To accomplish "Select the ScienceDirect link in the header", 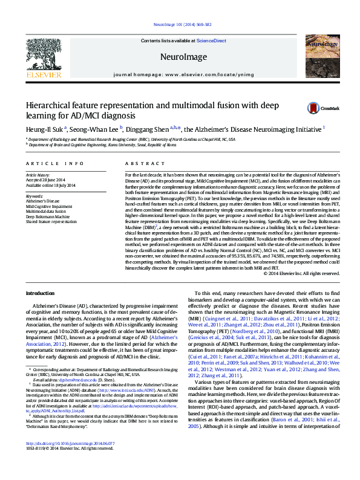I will click(211, 41).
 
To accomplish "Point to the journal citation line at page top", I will click(180, 25).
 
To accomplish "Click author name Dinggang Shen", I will click(148, 128).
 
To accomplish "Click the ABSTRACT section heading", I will click(139, 164).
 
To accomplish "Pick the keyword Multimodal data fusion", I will click(47, 211).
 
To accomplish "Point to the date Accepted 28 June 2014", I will click(47, 180).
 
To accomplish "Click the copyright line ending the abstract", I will click(297, 274).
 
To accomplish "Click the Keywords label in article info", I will click(34, 196).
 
